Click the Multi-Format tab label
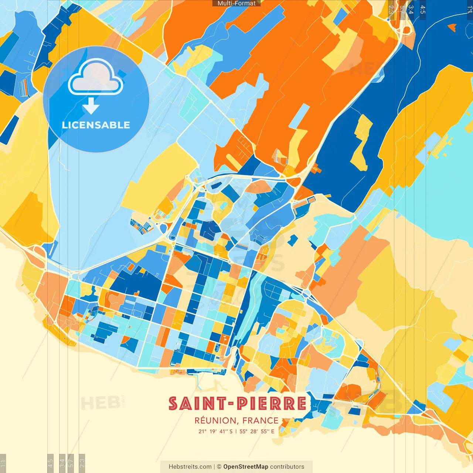[236, 3]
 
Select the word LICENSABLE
[96, 125]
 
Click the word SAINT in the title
[198, 404]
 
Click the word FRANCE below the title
[260, 421]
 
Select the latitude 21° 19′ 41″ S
[215, 431]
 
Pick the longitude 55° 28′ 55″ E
[257, 431]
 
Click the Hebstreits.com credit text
[190, 467]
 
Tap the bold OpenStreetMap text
[245, 467]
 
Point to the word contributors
[287, 467]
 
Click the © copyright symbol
[219, 467]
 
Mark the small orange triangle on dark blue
[452, 27]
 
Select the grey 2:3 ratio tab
[391, 10]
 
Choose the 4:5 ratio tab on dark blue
[422, 10]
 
